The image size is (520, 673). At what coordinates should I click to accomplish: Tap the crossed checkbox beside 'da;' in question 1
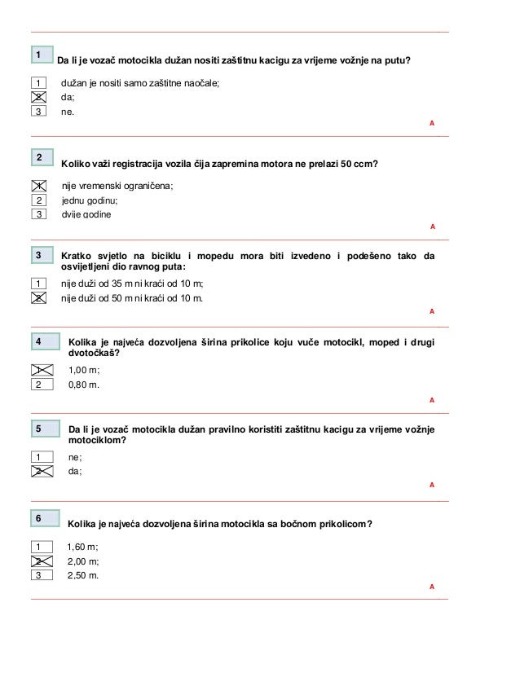click(x=37, y=97)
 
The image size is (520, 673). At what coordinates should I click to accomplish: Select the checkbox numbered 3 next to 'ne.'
click(x=37, y=112)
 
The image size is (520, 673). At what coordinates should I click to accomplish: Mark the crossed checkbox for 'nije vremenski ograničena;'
click(x=37, y=186)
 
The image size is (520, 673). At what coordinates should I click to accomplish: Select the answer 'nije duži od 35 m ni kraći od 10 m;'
click(x=133, y=283)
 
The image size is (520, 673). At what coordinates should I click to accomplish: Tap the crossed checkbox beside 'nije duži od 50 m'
click(x=37, y=297)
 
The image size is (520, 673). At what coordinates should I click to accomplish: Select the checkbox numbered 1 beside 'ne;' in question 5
click(x=37, y=457)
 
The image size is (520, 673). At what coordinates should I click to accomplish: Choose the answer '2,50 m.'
click(x=83, y=575)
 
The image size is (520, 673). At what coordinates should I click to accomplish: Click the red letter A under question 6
click(x=432, y=587)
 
